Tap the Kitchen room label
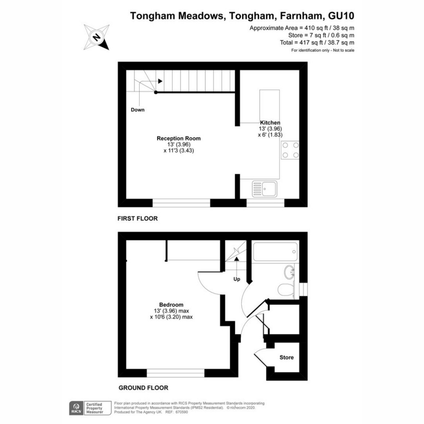[x=270, y=123]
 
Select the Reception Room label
[x=178, y=138]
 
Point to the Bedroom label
[x=171, y=305]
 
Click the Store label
[x=287, y=357]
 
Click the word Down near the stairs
[x=137, y=110]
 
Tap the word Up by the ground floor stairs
[x=237, y=279]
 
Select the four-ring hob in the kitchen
[x=290, y=150]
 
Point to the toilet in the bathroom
[x=285, y=290]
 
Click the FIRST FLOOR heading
[x=137, y=218]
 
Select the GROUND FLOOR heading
[x=143, y=388]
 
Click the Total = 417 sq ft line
[x=317, y=43]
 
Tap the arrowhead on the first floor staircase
[x=160, y=81]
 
